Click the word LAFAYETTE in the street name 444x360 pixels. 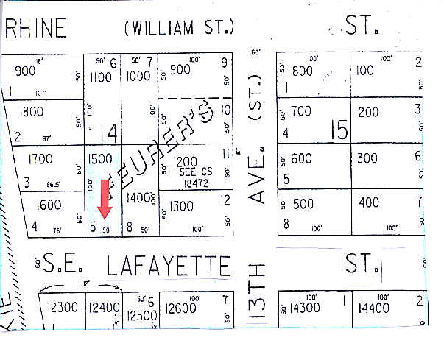(x=169, y=265)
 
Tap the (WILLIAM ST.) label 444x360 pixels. (x=180, y=28)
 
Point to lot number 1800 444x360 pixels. (x=30, y=112)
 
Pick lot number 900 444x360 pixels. (x=180, y=70)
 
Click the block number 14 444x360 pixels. (x=109, y=133)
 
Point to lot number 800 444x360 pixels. (x=303, y=71)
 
